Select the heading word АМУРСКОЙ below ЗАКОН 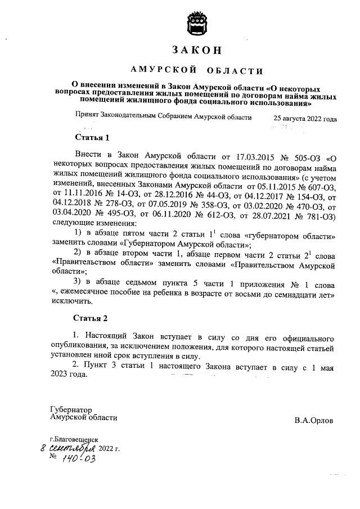(x=163, y=70)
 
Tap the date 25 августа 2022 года (x=305, y=119)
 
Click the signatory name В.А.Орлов (x=313, y=420)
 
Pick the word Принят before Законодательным (x=88, y=119)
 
